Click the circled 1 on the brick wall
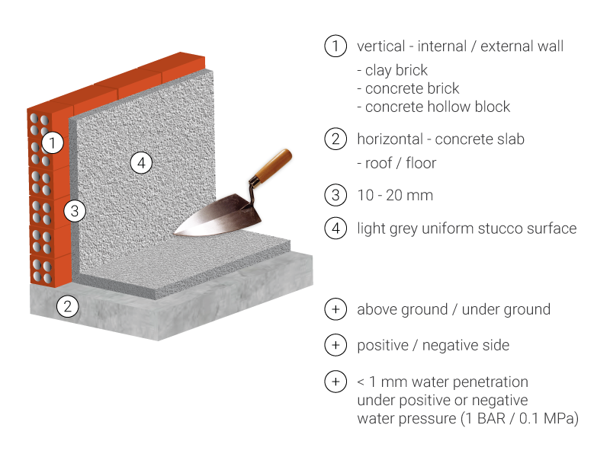(x=53, y=142)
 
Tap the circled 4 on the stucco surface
(x=141, y=163)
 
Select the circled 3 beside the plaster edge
(x=74, y=211)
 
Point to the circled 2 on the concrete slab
(x=68, y=307)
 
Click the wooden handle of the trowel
(x=273, y=165)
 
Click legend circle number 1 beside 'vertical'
(x=335, y=46)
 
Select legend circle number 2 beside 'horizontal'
(x=335, y=139)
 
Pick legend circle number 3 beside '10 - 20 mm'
(x=335, y=195)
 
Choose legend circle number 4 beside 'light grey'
(x=335, y=228)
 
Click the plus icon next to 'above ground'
(x=335, y=309)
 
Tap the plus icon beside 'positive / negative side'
(x=335, y=345)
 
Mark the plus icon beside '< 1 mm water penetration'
(x=335, y=382)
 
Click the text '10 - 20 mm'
(x=395, y=195)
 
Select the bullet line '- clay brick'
(x=392, y=70)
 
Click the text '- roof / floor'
(x=396, y=163)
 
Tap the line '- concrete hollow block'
(x=433, y=107)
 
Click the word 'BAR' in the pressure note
(x=490, y=418)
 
